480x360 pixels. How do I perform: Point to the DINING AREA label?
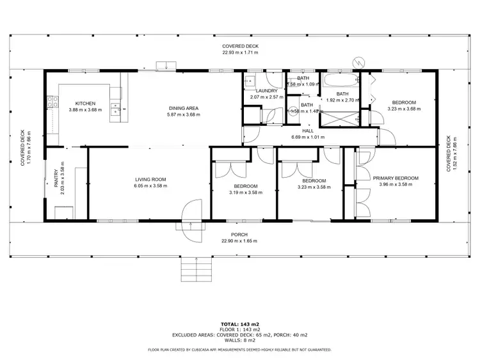point(184,108)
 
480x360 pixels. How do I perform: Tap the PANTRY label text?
point(56,185)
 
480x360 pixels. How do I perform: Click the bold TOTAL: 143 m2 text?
point(239,324)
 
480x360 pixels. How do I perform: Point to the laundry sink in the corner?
point(250,81)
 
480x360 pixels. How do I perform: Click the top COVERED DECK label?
point(239,46)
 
